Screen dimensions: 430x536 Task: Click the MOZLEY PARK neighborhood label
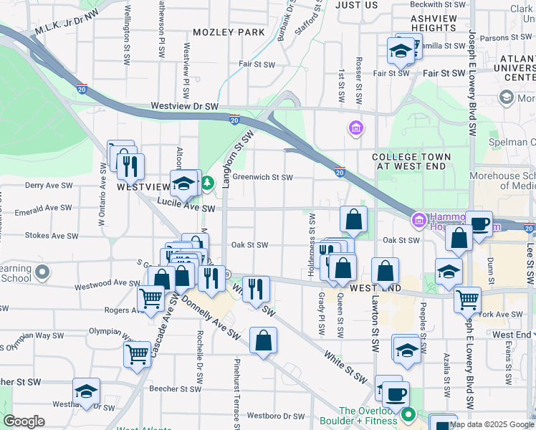[x=228, y=32]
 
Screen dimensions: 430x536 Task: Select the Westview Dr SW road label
[x=184, y=106]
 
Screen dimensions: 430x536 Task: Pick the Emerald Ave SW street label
[x=44, y=209]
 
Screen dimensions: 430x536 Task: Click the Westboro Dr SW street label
[x=276, y=416]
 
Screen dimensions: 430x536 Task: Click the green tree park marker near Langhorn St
[x=207, y=184]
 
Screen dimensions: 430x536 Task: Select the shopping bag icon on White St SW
[x=263, y=340]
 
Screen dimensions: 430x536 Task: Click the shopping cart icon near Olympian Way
[x=137, y=353]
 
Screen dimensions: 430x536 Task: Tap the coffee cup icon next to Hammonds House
[x=480, y=223]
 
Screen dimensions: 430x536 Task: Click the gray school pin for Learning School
[x=43, y=272]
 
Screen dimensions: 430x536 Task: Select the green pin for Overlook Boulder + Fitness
[x=408, y=414]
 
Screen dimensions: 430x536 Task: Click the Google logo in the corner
[x=24, y=421]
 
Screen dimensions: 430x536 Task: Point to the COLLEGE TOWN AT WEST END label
[x=411, y=162]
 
